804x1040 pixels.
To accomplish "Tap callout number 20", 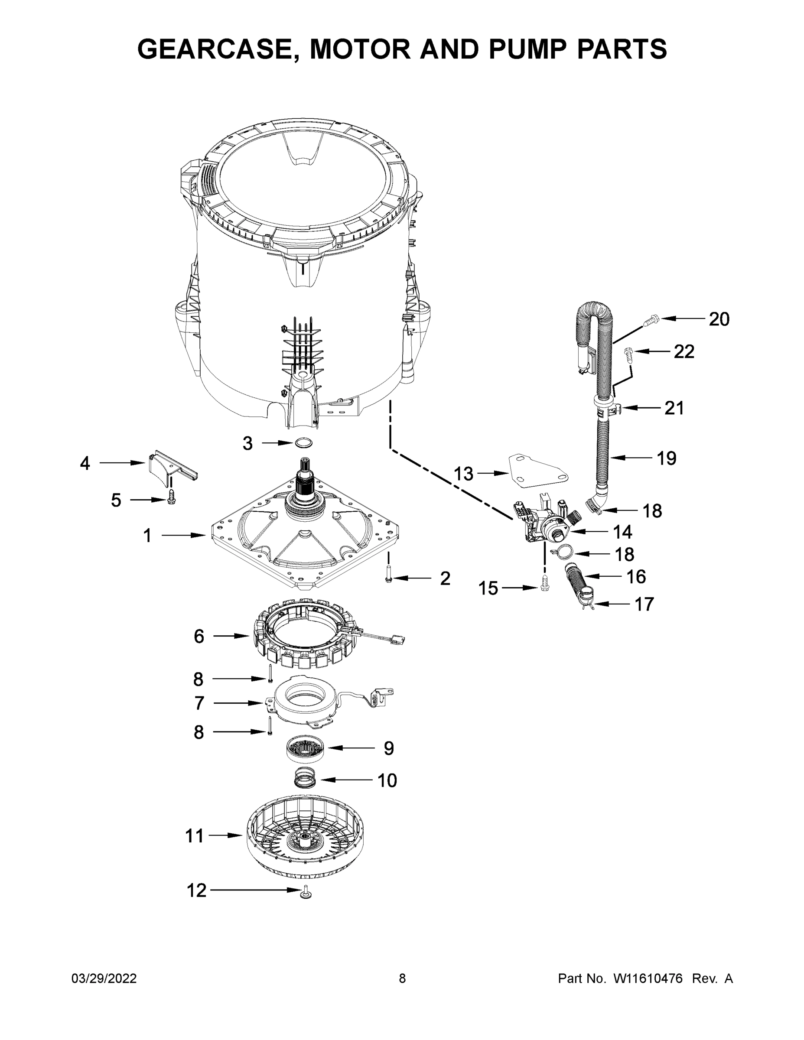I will click(719, 319).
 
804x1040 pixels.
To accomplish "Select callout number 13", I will click(463, 474).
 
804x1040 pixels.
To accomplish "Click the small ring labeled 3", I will click(304, 443).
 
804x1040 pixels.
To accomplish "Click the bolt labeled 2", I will click(388, 574).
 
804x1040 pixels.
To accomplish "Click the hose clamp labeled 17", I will click(588, 603).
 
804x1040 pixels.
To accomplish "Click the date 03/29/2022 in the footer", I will click(104, 978).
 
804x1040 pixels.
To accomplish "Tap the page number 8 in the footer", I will click(402, 978).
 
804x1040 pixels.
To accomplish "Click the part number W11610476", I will click(648, 978).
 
